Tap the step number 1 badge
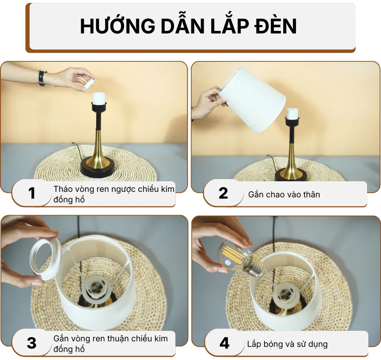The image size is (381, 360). coord(32,194)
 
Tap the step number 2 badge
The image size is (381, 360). coord(223,194)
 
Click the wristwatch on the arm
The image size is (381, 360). coord(42,78)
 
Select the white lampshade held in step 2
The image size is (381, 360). coord(253,100)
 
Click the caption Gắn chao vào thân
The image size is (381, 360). coord(284,195)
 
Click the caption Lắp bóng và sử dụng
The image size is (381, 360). coord(287,344)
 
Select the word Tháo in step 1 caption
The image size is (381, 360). coord(62,189)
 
